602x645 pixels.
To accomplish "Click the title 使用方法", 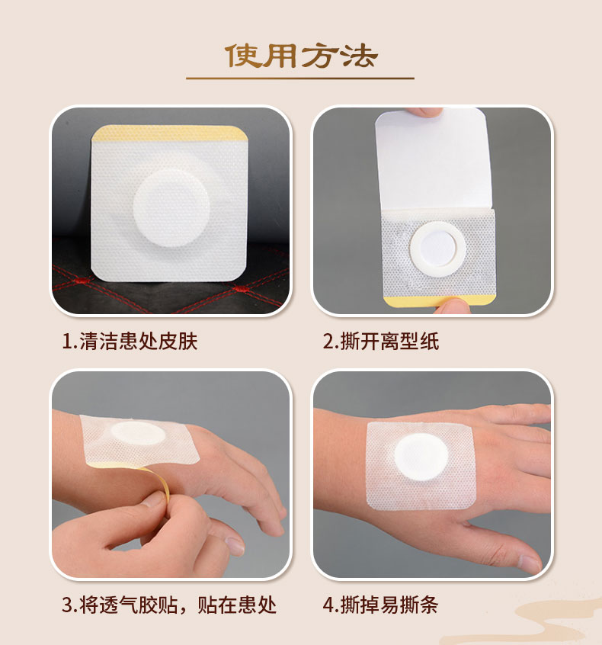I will (301, 55).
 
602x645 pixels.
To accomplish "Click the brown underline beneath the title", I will (300, 78).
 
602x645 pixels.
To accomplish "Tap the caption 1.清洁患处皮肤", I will (130, 341).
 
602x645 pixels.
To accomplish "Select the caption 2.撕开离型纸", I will (381, 341).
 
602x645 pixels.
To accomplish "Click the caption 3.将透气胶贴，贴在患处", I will (169, 605).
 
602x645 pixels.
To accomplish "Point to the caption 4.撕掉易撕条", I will (381, 605).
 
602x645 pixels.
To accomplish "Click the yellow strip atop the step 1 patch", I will (169, 136).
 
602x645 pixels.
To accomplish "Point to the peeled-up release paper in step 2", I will (434, 160).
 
